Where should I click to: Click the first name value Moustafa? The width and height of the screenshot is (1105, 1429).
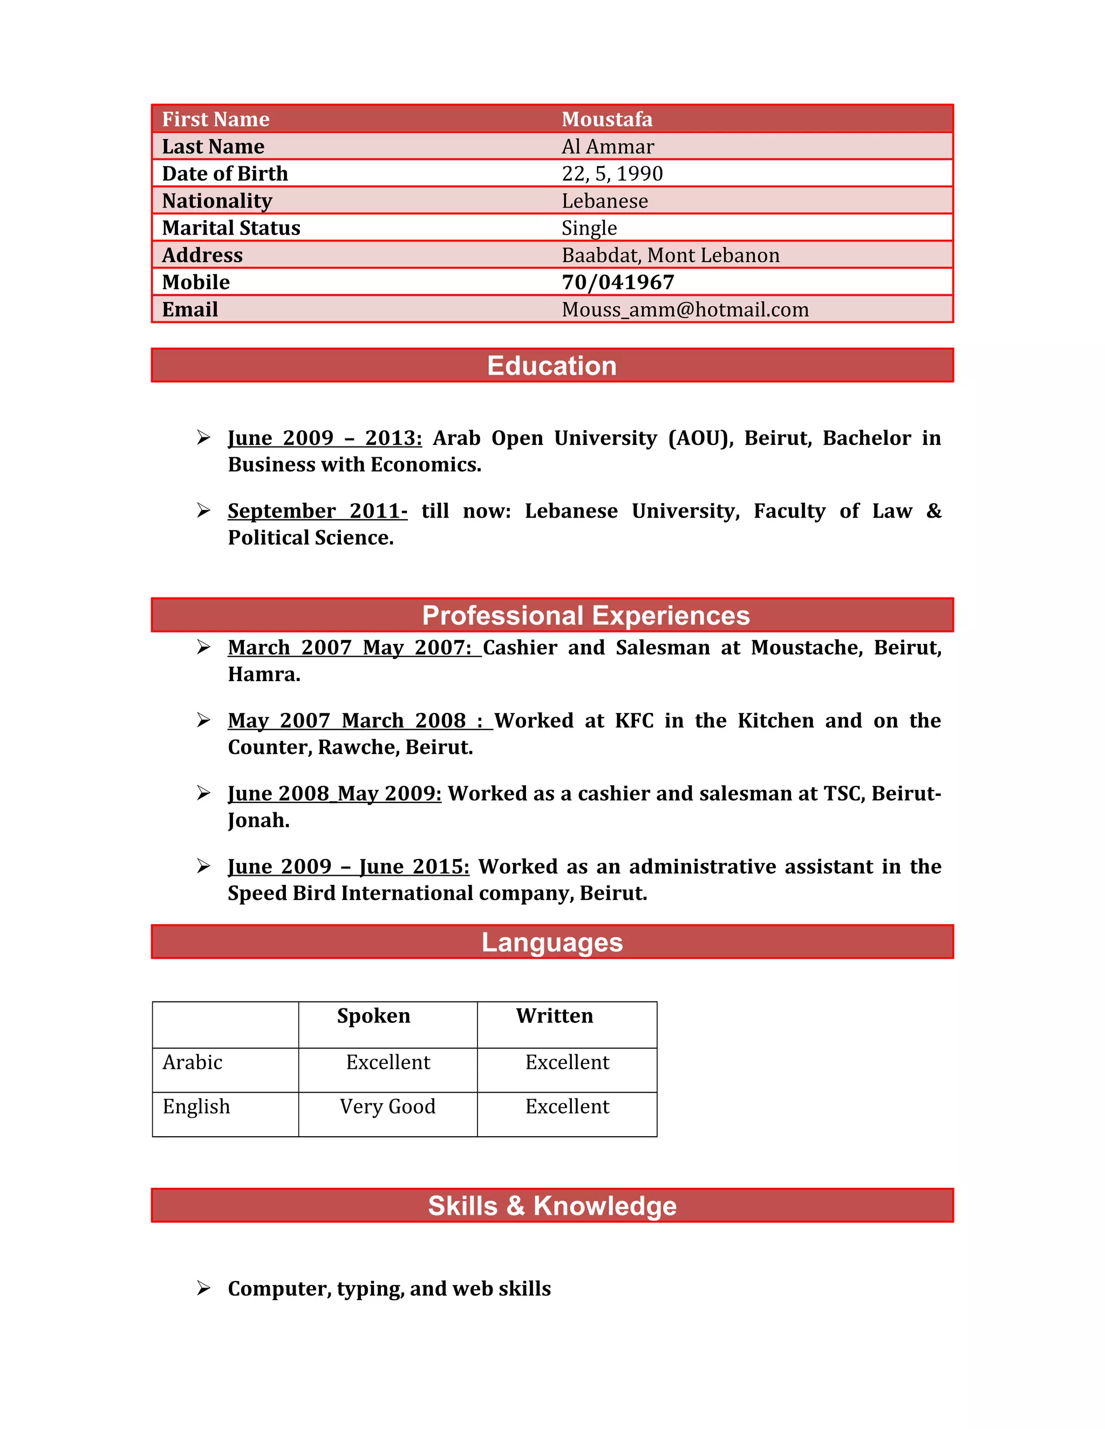coord(607,119)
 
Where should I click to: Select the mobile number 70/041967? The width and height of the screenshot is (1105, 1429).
coord(617,282)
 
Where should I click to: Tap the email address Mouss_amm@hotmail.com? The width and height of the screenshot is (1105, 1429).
coord(685,310)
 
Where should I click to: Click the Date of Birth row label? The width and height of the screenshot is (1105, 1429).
coord(224,174)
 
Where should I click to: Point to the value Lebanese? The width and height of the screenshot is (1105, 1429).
coord(604,201)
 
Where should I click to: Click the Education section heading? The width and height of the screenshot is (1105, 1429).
coord(552,366)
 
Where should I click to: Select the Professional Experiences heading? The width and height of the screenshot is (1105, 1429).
coord(585,616)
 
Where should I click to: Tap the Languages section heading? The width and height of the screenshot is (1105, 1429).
coord(552,942)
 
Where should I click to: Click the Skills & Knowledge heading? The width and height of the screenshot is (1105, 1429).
coord(552,1206)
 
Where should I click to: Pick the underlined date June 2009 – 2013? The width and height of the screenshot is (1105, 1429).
coord(325,438)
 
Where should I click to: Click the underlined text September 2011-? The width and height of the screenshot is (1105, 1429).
coord(317,510)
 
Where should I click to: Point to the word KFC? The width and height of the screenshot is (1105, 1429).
coord(633,720)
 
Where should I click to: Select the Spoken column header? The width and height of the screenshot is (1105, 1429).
coord(373,1015)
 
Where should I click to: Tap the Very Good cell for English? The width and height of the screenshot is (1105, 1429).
coord(387,1107)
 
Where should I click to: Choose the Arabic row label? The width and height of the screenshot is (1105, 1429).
coord(193,1062)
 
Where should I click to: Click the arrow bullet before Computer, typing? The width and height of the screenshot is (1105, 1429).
coord(203,1288)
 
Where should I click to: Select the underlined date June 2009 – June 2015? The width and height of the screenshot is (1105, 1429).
coord(348,867)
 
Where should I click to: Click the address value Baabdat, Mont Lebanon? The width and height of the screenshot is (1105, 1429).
coord(670,255)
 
